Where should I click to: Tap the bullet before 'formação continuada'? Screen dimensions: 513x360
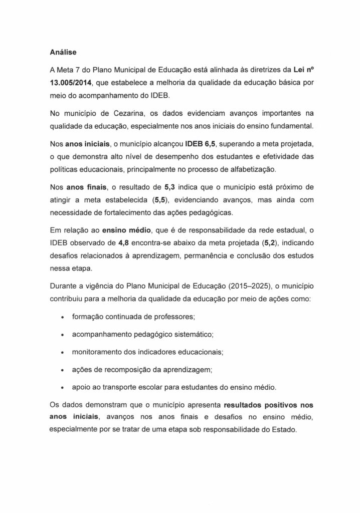pyautogui.click(x=61, y=318)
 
